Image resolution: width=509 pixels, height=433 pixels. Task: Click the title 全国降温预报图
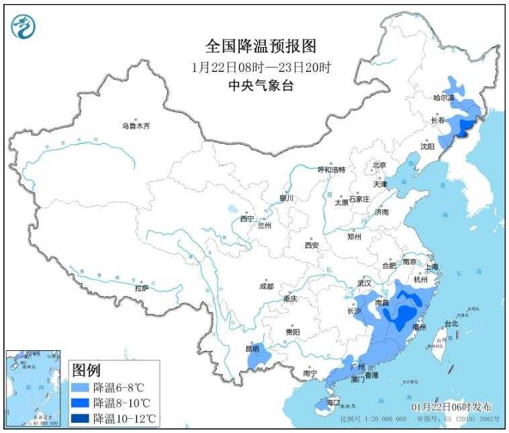click(x=261, y=46)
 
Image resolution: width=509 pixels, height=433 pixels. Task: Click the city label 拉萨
click(x=141, y=288)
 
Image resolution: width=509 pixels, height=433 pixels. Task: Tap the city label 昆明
click(x=251, y=349)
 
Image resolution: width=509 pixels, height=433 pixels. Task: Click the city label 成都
click(x=267, y=286)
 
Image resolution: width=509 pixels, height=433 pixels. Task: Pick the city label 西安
click(x=312, y=245)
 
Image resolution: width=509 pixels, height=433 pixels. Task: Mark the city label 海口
click(x=334, y=402)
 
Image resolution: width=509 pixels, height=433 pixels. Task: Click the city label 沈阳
click(x=427, y=146)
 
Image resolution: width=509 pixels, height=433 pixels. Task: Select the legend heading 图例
click(x=86, y=370)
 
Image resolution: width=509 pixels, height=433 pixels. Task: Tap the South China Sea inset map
click(x=34, y=389)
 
